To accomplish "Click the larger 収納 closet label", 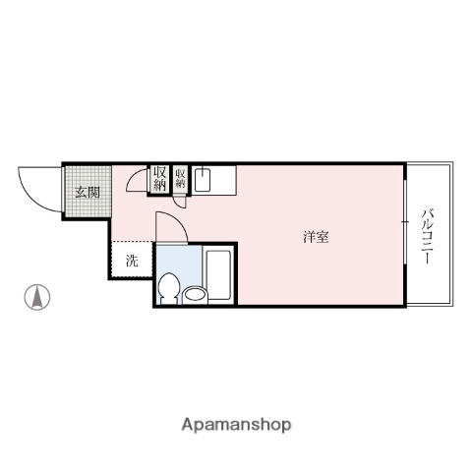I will [x=159, y=178].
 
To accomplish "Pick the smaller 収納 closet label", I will [x=181, y=178].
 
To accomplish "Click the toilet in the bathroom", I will [x=168, y=288].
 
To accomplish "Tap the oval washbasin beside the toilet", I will [x=193, y=294].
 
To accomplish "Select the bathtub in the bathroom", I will [x=218, y=275].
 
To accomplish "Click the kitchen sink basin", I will [x=203, y=180].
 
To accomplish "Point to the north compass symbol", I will [x=37, y=295].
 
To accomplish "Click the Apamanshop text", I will [x=236, y=425].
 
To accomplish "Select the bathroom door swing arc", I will [x=169, y=226].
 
